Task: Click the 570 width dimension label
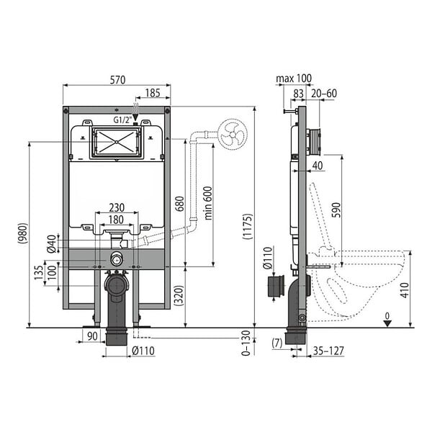click(117, 80)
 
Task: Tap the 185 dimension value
click(153, 93)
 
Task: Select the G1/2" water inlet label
click(122, 120)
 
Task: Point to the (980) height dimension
click(23, 233)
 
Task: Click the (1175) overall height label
click(248, 226)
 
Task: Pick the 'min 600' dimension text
click(209, 203)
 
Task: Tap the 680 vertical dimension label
click(179, 204)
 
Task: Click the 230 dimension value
click(117, 207)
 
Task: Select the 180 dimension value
click(116, 220)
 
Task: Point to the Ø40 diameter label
click(52, 244)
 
